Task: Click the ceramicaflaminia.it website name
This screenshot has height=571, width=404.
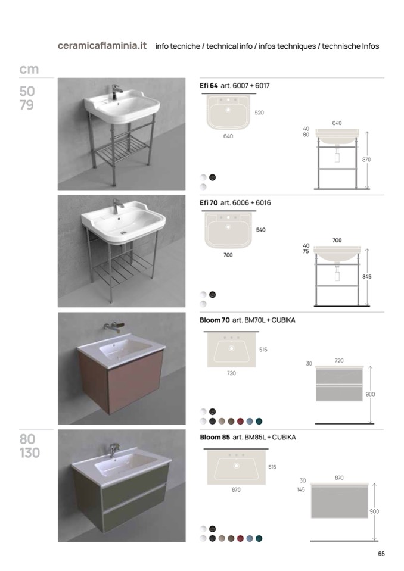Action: (x=102, y=46)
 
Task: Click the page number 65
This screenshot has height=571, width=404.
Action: (x=381, y=554)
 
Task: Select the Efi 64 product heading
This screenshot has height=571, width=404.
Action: (x=209, y=86)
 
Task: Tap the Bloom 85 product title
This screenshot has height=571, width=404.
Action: (x=215, y=437)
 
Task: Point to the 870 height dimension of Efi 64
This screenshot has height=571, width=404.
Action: (x=366, y=160)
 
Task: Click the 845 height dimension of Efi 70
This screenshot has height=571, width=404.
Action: (x=367, y=277)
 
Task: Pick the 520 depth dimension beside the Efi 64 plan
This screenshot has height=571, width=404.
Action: (x=259, y=113)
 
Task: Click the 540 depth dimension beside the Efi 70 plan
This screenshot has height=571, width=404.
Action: (x=261, y=230)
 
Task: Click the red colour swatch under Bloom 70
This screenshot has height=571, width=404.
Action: (x=240, y=422)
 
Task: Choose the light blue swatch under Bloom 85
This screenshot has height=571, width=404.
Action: (x=250, y=538)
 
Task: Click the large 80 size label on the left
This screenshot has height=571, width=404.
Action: (x=27, y=439)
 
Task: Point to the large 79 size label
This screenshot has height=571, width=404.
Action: (x=27, y=105)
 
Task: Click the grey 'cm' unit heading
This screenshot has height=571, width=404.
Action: (x=29, y=69)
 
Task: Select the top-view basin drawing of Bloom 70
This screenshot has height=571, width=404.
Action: (x=231, y=350)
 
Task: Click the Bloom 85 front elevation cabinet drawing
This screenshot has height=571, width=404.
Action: (x=339, y=500)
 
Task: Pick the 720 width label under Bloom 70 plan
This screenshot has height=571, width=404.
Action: (x=231, y=373)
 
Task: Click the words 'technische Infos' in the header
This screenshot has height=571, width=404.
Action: (x=350, y=46)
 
